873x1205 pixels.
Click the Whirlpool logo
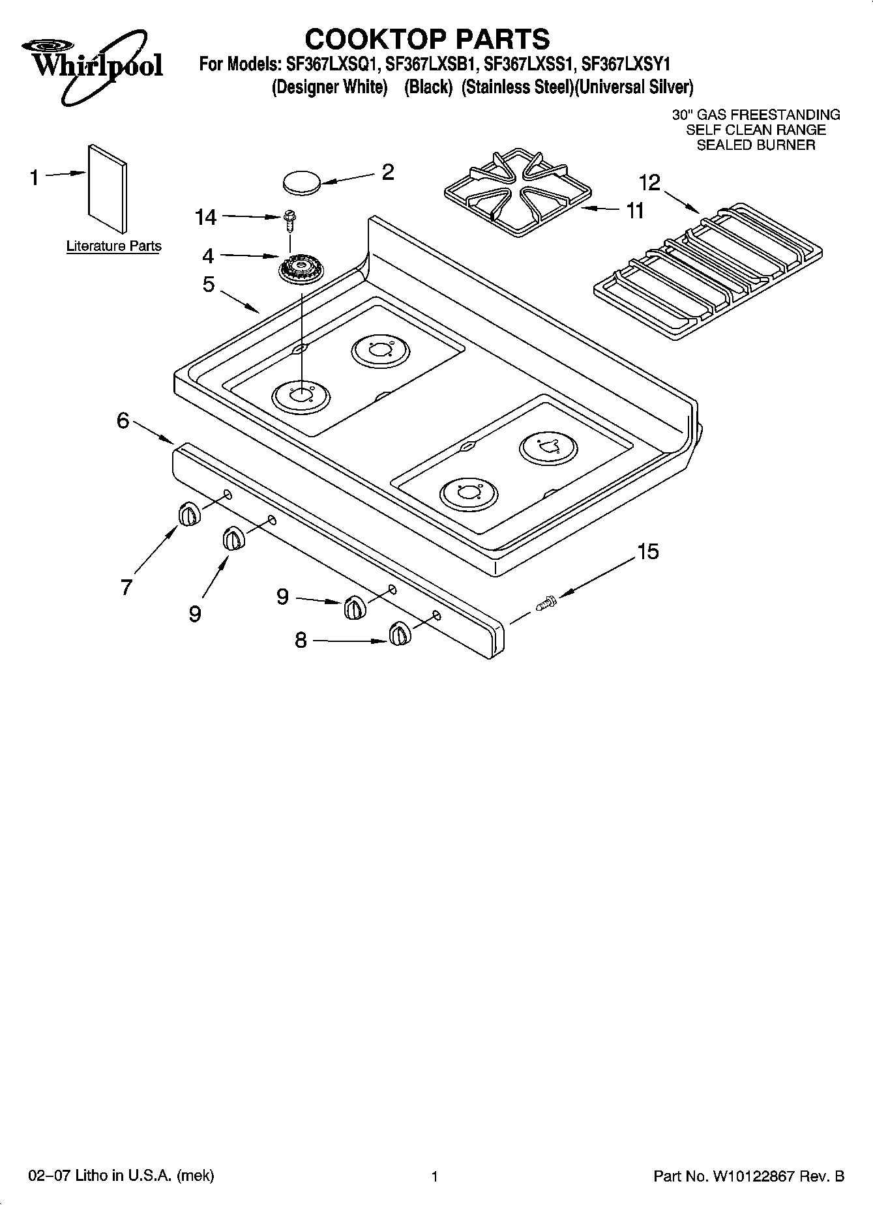point(91,65)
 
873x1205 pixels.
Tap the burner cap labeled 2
point(302,182)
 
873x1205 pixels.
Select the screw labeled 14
point(288,220)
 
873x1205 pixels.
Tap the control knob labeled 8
point(399,633)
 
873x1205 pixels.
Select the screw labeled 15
point(546,603)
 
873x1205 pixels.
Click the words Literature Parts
point(113,246)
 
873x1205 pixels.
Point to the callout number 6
point(123,420)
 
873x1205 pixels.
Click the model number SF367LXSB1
point(432,65)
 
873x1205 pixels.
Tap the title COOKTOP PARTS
point(427,38)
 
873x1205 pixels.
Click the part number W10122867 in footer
point(754,1176)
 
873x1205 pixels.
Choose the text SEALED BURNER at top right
point(756,145)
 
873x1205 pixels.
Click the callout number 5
point(209,284)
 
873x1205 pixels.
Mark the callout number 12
point(649,182)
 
